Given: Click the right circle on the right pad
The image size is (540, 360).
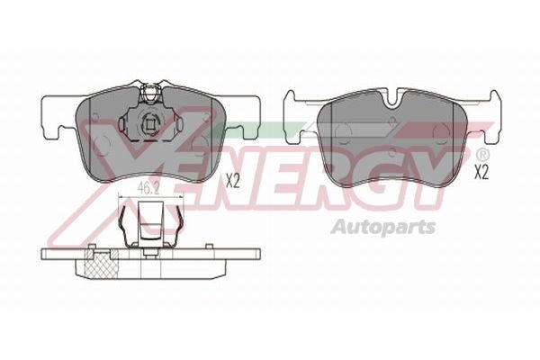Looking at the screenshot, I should [441, 137].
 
